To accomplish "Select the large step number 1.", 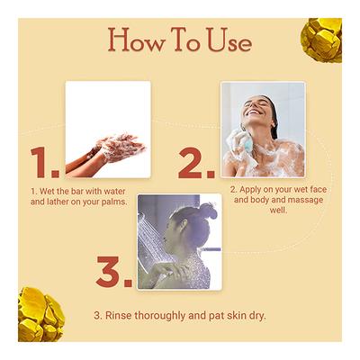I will click(x=44, y=162).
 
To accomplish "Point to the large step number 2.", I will click(x=195, y=162).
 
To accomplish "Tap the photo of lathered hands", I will click(x=107, y=129).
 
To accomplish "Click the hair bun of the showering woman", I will click(x=207, y=211).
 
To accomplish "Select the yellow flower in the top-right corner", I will click(x=322, y=38).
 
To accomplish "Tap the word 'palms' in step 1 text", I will click(x=111, y=202).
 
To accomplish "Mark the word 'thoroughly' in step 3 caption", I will click(x=168, y=316).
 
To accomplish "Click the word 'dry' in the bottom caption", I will click(x=256, y=316).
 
